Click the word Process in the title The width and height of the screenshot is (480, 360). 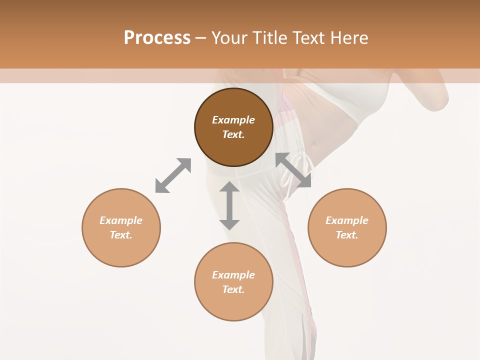click(157, 38)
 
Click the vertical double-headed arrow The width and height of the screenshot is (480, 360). click(229, 205)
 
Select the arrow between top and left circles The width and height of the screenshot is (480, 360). click(173, 175)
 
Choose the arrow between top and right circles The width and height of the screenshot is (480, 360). click(293, 170)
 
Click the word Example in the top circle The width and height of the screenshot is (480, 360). click(233, 120)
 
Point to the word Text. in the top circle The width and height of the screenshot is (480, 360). click(233, 134)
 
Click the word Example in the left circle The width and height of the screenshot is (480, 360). click(121, 220)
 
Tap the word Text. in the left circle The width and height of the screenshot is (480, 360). click(121, 235)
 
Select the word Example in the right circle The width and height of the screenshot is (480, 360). click(347, 220)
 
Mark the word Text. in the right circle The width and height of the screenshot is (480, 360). click(347, 235)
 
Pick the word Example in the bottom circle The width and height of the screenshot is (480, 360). click(233, 275)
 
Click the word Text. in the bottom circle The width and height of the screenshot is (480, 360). click(233, 289)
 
